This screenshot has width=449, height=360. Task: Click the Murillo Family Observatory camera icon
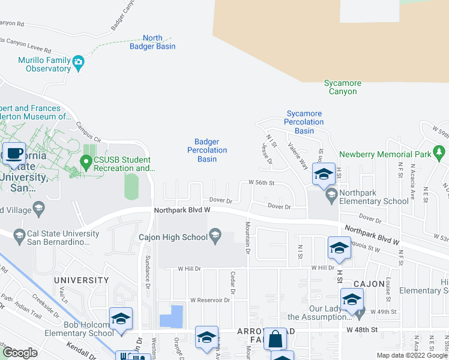[78, 62]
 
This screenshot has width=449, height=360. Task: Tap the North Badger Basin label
[152, 42]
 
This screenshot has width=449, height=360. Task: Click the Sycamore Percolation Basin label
[304, 122]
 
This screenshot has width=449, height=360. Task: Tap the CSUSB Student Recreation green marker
[86, 161]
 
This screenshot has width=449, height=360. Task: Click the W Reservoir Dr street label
[210, 300]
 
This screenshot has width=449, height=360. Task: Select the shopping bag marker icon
[276, 339]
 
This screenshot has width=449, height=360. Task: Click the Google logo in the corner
[20, 353]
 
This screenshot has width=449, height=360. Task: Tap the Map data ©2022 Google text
[411, 355]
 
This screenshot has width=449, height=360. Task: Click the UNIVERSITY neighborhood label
[82, 280]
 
